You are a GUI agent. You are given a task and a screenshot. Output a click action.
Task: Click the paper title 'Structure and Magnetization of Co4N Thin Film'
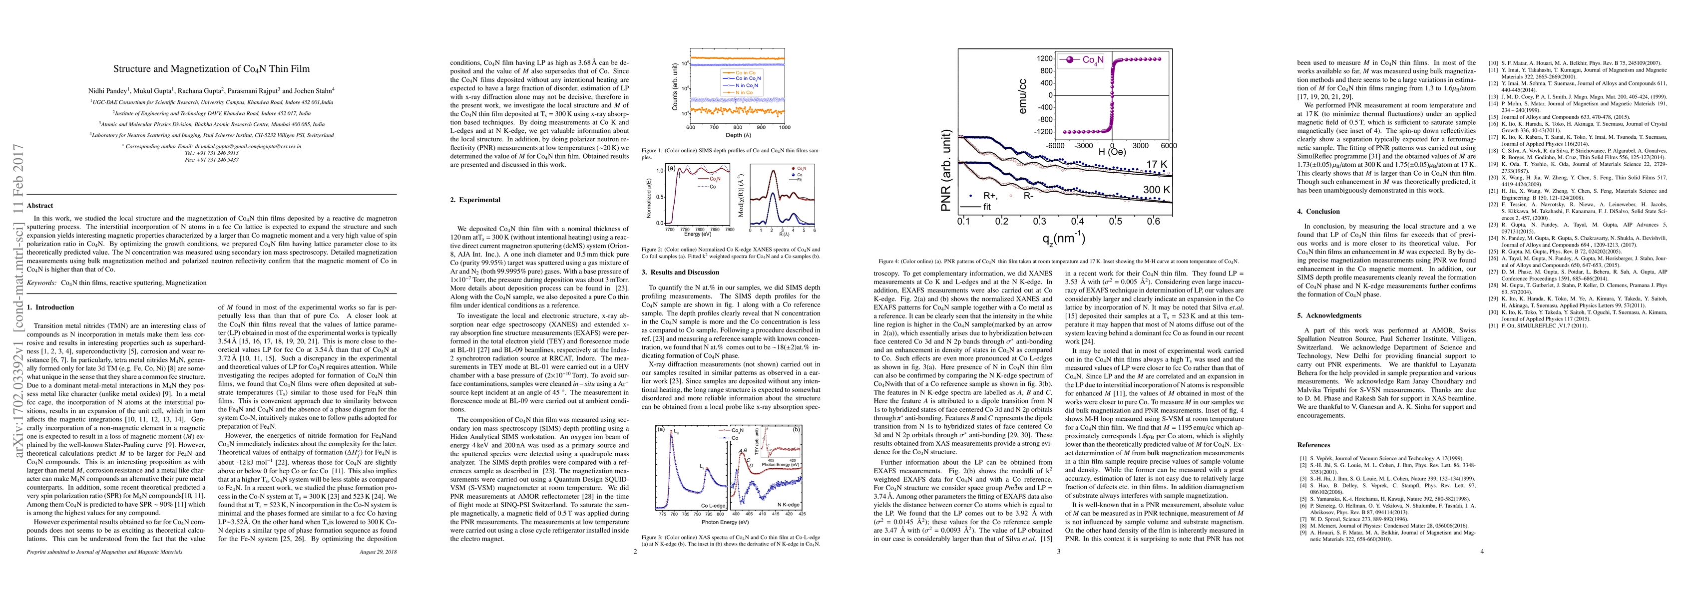(211, 68)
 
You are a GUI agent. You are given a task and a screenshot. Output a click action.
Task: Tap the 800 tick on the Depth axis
(737, 128)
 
